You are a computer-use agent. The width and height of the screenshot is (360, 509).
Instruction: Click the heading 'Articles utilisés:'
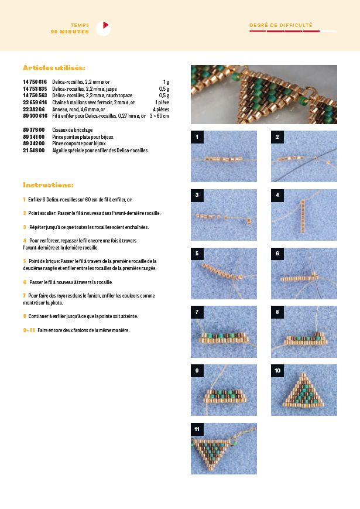[54, 68]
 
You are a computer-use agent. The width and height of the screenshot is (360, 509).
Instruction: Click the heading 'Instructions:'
[48, 185]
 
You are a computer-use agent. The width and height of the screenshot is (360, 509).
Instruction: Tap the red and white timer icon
[103, 28]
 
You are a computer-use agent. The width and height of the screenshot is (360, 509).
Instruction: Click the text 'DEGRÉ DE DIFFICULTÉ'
[281, 25]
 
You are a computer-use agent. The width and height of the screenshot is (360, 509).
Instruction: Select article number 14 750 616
[35, 82]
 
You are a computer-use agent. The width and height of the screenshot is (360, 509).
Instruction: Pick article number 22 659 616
[35, 102]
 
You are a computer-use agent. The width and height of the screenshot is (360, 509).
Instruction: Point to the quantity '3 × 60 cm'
[159, 115]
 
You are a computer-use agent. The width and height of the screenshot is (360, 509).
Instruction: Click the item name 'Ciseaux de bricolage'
[73, 129]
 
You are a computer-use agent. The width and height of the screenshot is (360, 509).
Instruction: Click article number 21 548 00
[34, 150]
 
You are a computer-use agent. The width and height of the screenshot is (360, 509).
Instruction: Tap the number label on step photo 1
[198, 137]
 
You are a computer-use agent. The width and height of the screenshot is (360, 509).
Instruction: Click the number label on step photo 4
[277, 195]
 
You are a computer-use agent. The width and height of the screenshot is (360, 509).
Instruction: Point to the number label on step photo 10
[277, 371]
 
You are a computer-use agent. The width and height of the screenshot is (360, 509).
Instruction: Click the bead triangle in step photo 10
[304, 392]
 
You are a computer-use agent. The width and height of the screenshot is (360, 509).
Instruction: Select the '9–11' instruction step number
[29, 330]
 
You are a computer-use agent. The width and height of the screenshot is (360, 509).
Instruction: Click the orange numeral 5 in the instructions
[25, 261]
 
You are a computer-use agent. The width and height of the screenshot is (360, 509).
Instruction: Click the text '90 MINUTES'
[70, 32]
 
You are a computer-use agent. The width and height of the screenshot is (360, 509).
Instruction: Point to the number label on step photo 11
[198, 429]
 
